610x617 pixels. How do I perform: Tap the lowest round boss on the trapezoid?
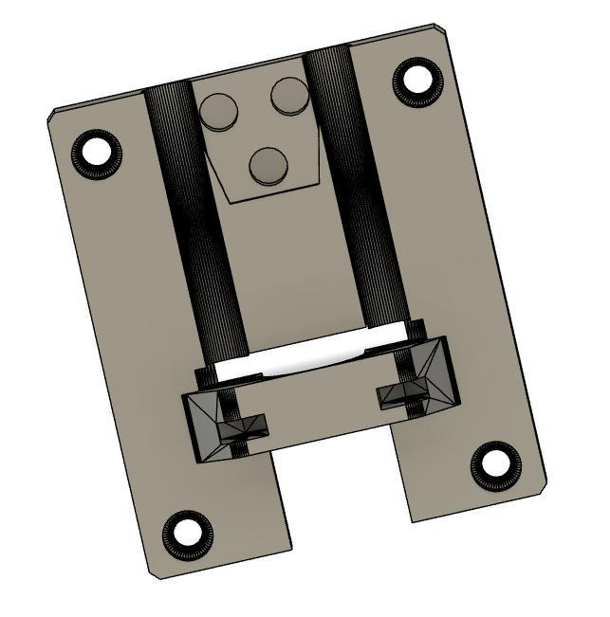(268, 166)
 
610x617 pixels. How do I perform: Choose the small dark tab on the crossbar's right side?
(396, 393)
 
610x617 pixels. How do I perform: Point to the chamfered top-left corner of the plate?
(53, 116)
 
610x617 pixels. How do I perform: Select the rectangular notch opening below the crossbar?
(342, 493)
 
